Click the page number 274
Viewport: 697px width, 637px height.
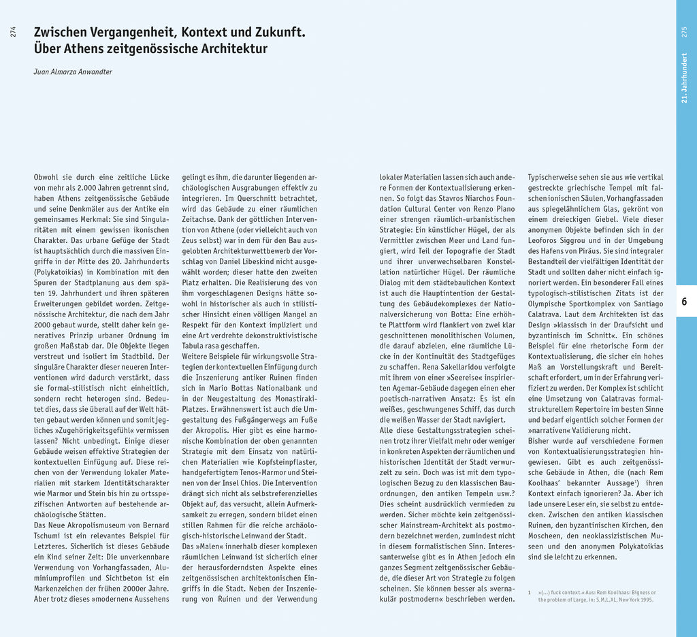click(13, 31)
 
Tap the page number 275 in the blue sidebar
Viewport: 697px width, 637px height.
click(684, 31)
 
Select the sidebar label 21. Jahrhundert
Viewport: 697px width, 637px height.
click(684, 78)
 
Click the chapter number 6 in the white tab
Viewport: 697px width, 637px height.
click(684, 301)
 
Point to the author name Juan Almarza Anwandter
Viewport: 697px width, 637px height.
click(73, 71)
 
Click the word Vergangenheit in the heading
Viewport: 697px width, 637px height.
click(127, 32)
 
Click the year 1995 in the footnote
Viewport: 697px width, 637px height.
click(646, 600)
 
